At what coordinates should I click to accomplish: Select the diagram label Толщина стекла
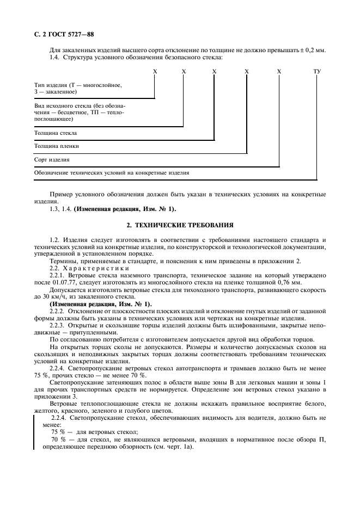tap(56, 132)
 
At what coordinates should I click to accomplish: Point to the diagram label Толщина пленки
tap(56, 146)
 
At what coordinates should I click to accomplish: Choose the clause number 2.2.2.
tap(58, 310)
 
